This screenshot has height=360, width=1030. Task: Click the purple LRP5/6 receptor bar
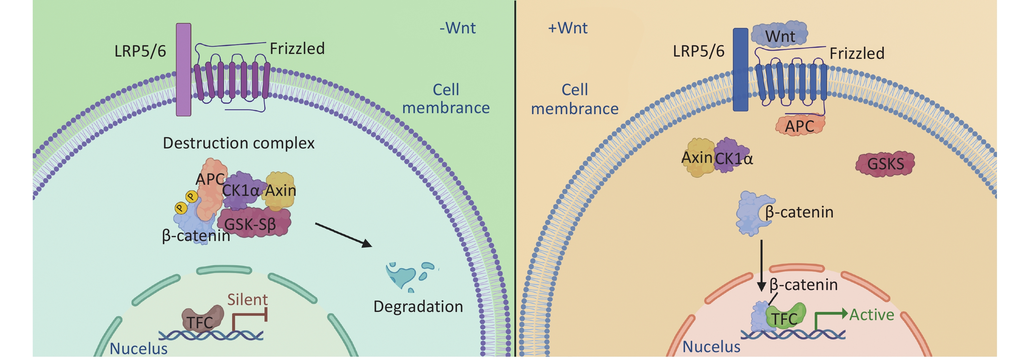point(183,70)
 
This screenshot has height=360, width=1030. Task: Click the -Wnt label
point(457,28)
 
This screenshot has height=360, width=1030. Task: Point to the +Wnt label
point(567,28)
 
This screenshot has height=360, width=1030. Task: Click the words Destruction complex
point(239,143)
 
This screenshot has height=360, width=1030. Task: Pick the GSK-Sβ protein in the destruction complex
point(253,222)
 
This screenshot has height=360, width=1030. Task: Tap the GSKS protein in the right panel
point(885,163)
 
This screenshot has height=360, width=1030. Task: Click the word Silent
point(248,300)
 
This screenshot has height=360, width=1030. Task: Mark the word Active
point(872,315)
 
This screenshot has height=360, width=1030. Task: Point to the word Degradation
point(418,307)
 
